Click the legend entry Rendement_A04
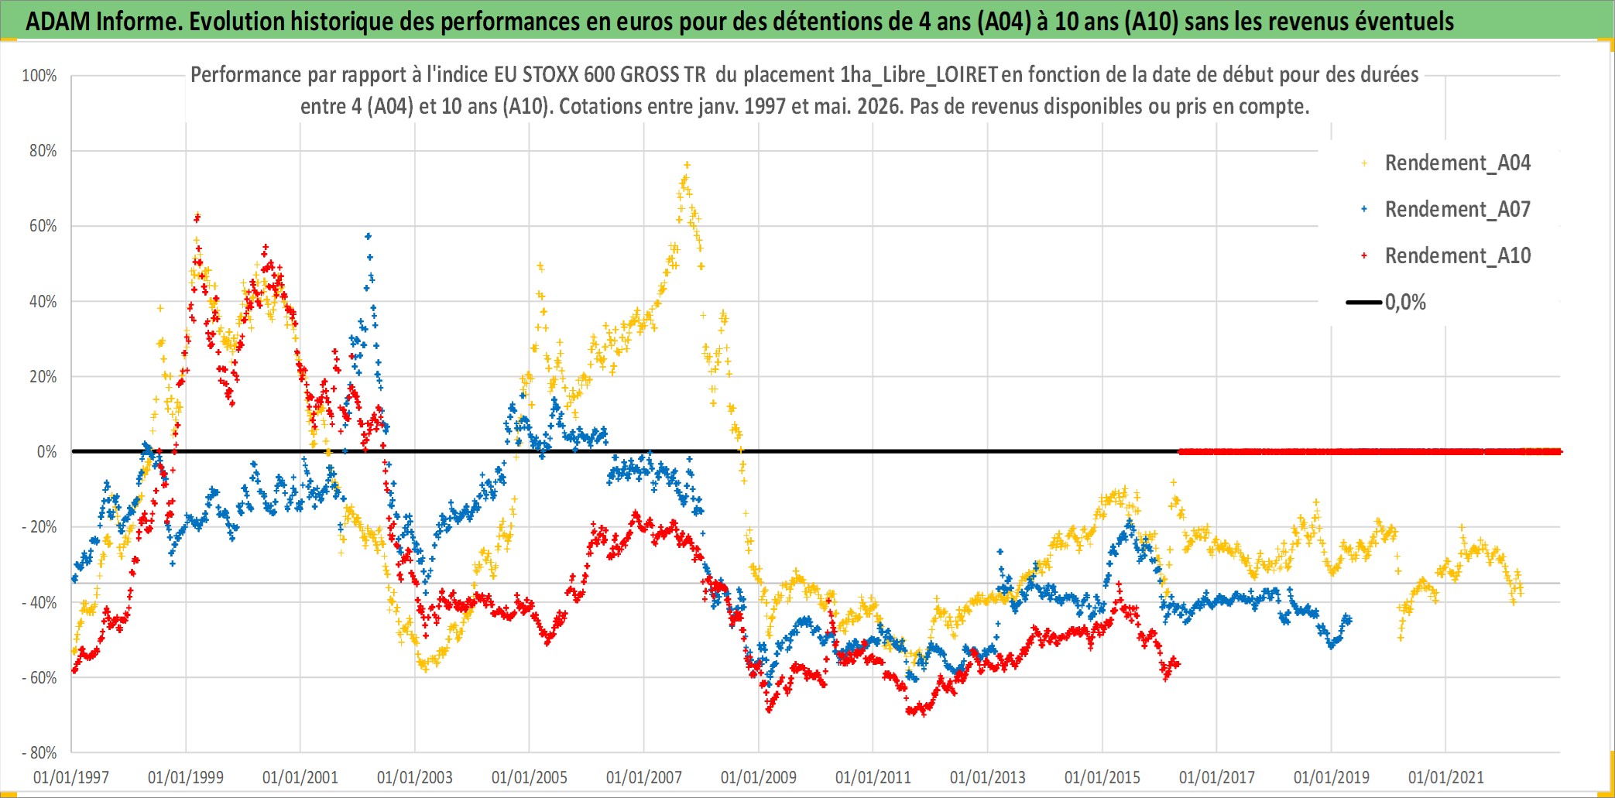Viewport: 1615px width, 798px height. coord(1457,163)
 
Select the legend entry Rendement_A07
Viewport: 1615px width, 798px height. coord(1457,209)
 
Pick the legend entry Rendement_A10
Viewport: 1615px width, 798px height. coord(1457,255)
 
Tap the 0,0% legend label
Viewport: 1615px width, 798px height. coord(1405,302)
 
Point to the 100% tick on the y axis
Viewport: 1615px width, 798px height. coord(39,76)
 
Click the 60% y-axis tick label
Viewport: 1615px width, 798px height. coord(43,226)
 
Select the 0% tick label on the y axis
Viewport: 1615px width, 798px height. coord(47,452)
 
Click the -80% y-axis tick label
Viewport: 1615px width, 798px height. coord(39,752)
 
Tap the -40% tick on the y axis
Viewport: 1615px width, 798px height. coord(39,602)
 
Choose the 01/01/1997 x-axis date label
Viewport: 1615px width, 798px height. coord(71,777)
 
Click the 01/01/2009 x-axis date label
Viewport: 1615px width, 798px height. coord(759,777)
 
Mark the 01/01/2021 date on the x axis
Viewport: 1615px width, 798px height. coord(1446,777)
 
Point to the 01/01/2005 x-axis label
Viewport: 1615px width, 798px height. coord(530,777)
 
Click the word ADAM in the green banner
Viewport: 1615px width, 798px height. coord(58,21)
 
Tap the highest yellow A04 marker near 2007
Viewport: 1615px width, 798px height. coord(687,165)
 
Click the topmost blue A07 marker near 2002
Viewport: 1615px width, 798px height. coord(369,236)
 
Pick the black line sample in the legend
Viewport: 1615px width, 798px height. coord(1364,302)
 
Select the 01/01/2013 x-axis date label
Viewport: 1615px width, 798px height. coord(988,777)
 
